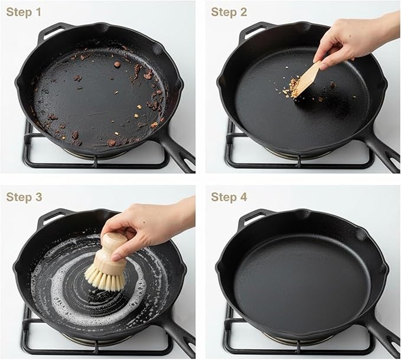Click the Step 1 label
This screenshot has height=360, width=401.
click(23, 12)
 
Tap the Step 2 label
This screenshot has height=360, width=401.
click(229, 12)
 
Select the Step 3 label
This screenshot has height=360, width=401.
click(24, 197)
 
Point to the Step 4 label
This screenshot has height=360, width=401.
click(229, 197)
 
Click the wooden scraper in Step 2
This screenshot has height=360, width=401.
click(308, 80)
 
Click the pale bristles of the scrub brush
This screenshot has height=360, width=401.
click(105, 279)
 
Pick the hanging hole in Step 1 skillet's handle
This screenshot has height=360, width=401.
click(189, 162)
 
